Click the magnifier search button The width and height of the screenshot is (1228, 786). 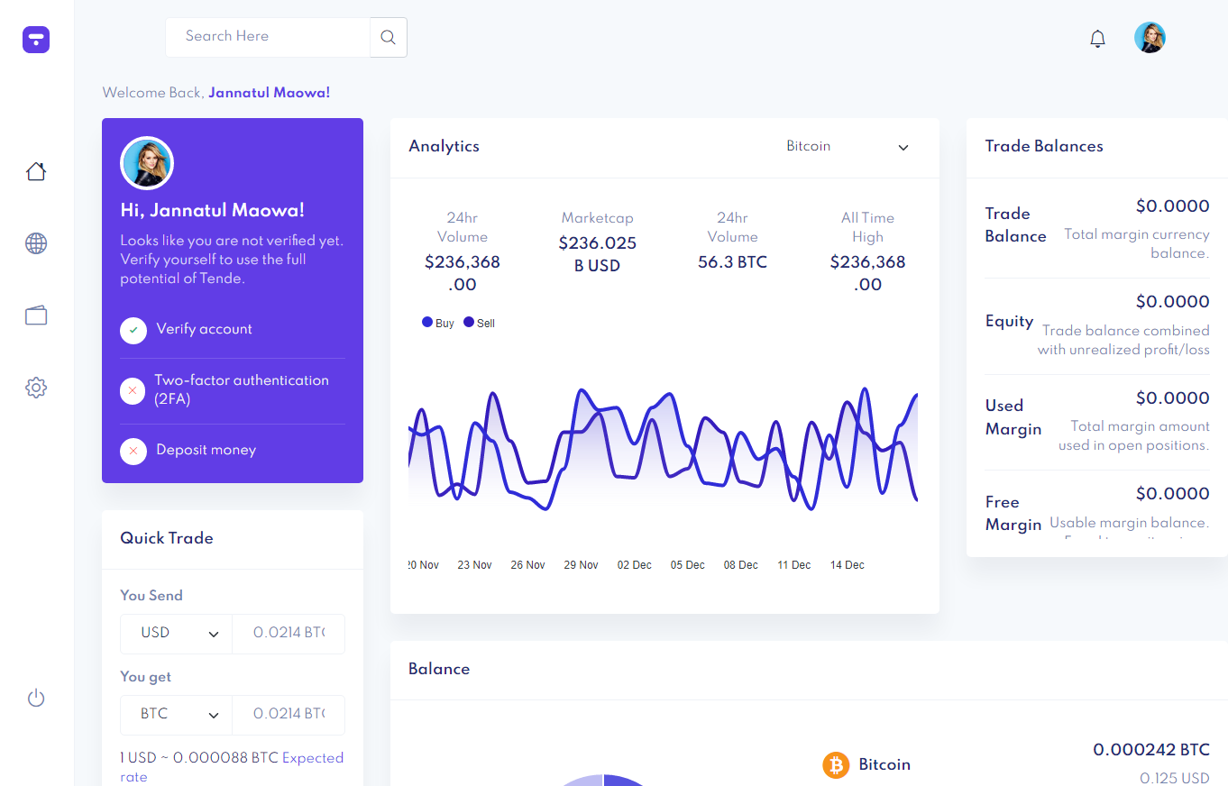pos(388,37)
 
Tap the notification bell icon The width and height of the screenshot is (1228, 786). pos(1097,39)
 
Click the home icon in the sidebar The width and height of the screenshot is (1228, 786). pos(36,171)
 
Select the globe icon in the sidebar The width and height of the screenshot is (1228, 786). pos(36,243)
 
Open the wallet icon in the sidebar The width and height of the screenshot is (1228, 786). pos(36,315)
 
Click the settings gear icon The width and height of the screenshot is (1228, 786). pos(36,388)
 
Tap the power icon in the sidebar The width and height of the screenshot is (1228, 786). pos(36,698)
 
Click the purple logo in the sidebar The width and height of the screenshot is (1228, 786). pos(36,39)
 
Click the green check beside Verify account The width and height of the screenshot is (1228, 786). pos(133,330)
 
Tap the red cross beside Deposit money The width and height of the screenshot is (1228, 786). pos(133,451)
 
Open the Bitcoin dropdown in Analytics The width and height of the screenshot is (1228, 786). pos(848,147)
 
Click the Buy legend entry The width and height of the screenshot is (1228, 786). pos(438,323)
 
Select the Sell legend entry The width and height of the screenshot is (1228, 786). pos(480,323)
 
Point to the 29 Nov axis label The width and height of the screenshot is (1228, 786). pos(581,565)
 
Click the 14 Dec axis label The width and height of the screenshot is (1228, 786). pos(847,565)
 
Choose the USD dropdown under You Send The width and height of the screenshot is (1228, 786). pos(177,634)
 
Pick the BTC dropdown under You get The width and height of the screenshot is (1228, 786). pos(177,715)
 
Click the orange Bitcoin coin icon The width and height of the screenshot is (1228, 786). pos(836,765)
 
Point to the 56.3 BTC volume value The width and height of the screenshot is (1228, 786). pos(732,262)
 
